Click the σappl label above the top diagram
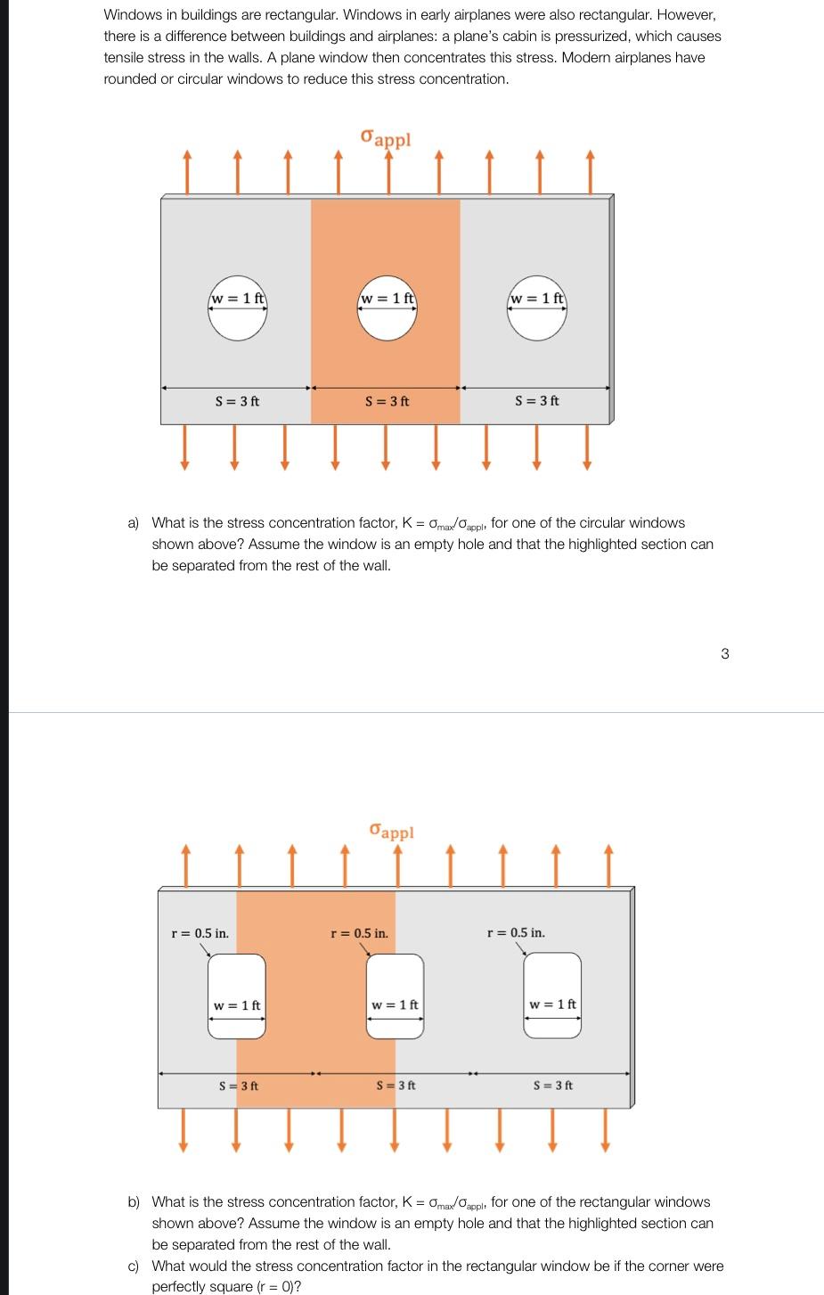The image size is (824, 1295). (386, 138)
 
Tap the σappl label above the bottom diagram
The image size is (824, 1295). (391, 831)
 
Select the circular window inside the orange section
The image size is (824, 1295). (387, 313)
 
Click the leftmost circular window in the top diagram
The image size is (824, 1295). (237, 313)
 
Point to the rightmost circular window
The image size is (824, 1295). (536, 313)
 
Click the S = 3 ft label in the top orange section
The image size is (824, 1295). (387, 401)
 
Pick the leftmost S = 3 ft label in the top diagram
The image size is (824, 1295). (237, 401)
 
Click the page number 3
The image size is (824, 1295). (724, 653)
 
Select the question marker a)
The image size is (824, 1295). (134, 523)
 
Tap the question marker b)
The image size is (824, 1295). (134, 1202)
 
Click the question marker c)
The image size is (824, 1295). (134, 1266)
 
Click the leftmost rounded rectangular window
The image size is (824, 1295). (237, 996)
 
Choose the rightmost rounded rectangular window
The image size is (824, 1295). (552, 996)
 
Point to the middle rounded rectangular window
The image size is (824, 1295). (395, 996)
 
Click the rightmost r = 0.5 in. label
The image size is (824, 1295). (516, 933)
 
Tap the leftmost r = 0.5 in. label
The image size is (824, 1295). (200, 933)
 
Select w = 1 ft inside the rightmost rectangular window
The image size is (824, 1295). (552, 1004)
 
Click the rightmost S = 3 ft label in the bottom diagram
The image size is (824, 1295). (552, 1086)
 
